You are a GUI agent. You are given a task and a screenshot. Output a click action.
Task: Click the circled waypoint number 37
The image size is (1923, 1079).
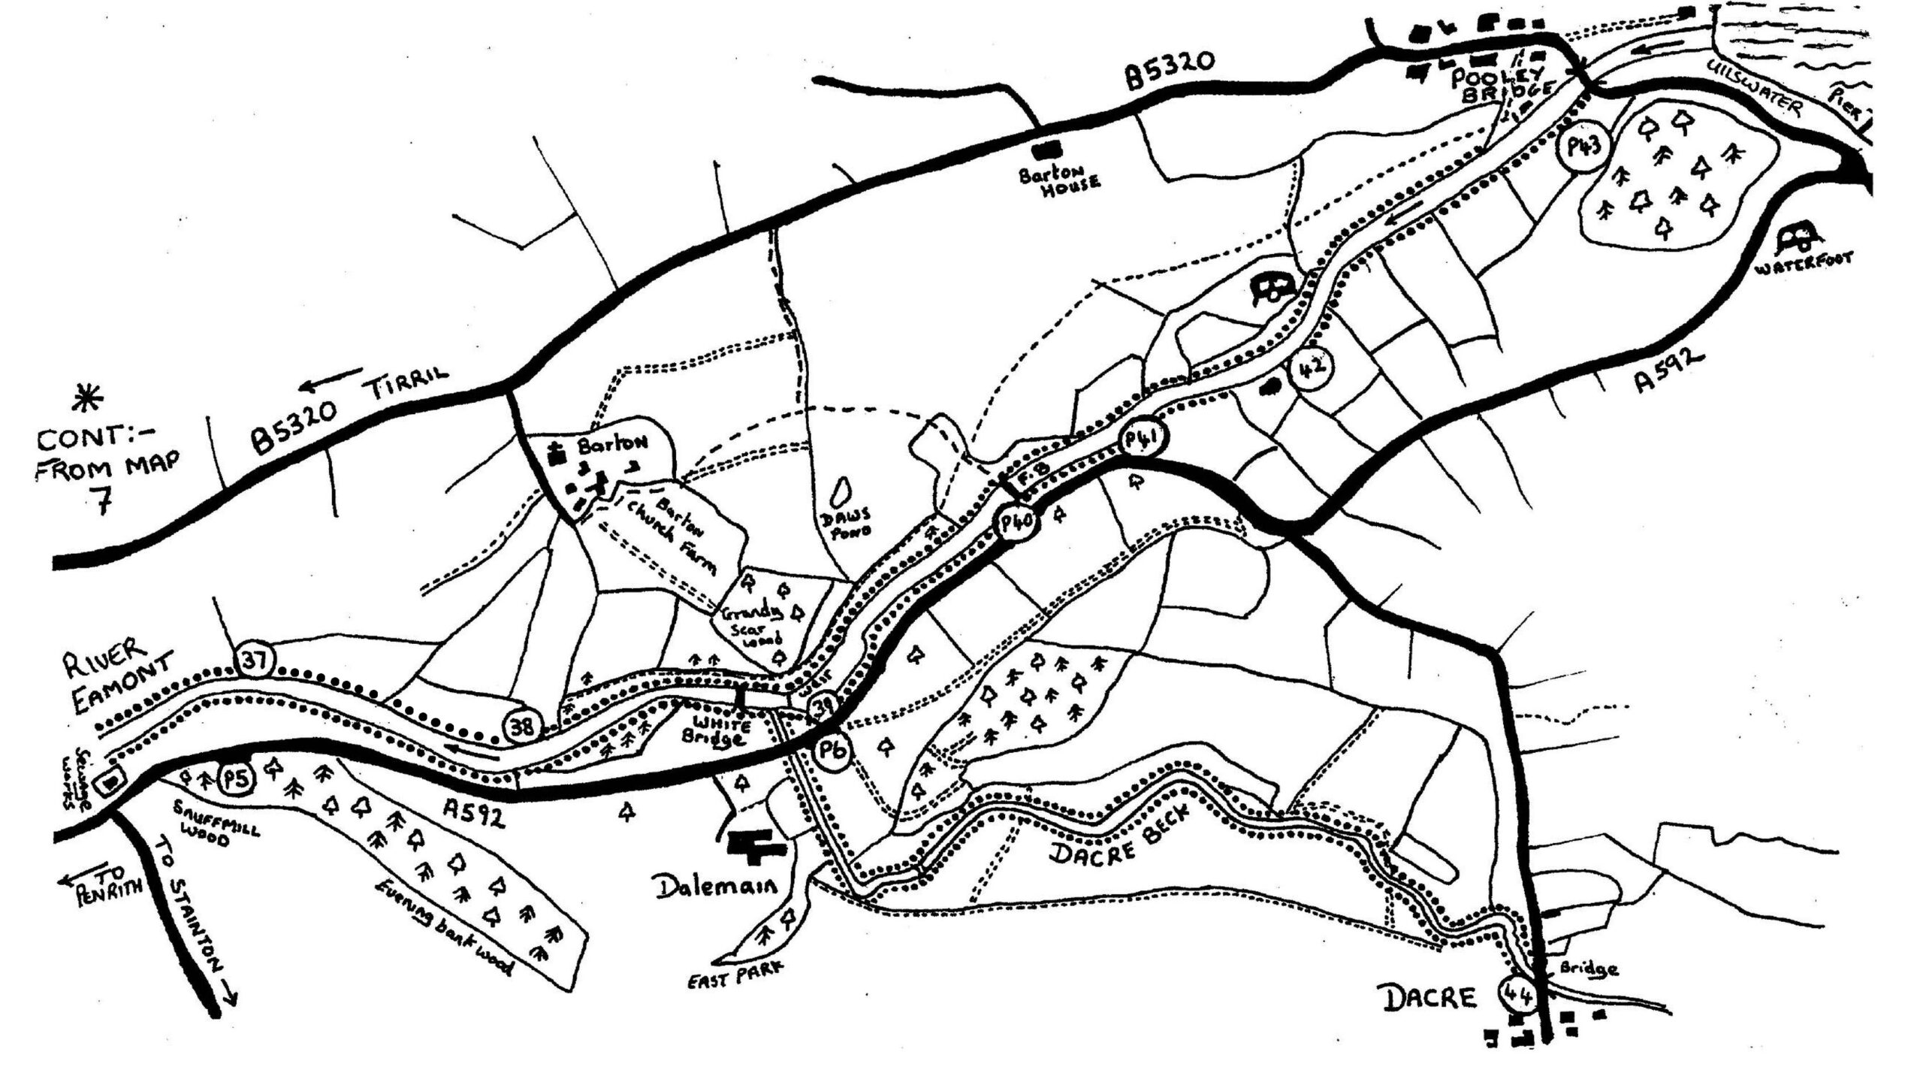254,660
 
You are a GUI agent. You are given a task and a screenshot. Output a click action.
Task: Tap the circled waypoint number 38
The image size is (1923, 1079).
522,726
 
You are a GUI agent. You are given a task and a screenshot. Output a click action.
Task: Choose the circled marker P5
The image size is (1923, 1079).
235,779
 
